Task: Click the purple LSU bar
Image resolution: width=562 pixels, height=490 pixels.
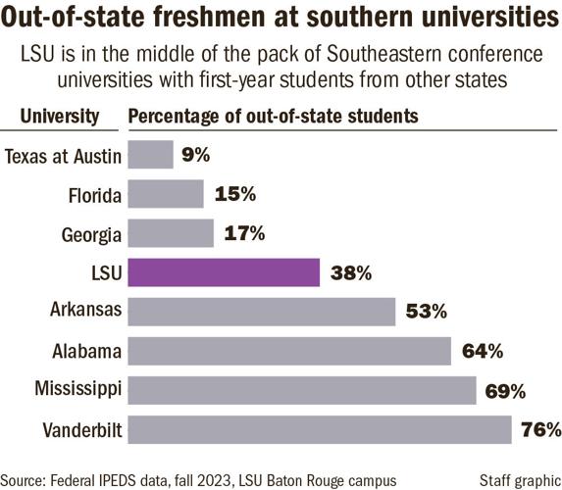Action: (x=225, y=272)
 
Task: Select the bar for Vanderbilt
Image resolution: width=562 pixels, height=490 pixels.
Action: (x=320, y=429)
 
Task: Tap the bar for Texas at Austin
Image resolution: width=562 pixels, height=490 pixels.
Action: (x=151, y=155)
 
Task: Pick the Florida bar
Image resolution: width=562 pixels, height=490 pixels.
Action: (x=166, y=194)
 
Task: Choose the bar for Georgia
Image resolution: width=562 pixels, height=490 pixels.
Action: (x=171, y=233)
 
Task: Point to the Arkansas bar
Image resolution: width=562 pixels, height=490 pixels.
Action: (x=262, y=312)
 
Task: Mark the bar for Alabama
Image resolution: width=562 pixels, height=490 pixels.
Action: (x=289, y=351)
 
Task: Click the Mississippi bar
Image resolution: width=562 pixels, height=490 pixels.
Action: (x=302, y=390)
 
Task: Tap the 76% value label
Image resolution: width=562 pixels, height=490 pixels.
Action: (x=540, y=429)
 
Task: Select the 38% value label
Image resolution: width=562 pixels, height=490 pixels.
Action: (x=351, y=273)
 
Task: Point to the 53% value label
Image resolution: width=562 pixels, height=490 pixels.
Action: (x=427, y=312)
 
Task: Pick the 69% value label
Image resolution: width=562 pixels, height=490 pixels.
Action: (x=505, y=390)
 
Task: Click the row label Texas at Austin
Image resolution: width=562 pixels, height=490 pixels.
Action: (x=64, y=155)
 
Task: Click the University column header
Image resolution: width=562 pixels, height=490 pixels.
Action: (x=60, y=117)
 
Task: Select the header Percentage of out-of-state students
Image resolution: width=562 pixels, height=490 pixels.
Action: (x=275, y=117)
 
